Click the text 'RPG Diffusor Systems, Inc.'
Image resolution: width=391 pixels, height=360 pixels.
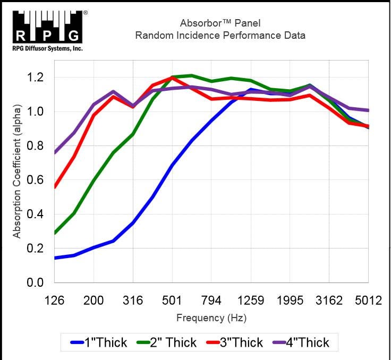pyautogui.click(x=47, y=48)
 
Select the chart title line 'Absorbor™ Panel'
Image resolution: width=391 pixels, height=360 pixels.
pyautogui.click(x=220, y=23)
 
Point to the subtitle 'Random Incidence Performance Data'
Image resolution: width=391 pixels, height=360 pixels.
pyautogui.click(x=220, y=36)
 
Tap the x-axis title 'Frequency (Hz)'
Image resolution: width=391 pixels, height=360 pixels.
pyautogui.click(x=211, y=318)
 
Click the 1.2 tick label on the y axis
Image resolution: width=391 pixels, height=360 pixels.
pyautogui.click(x=35, y=78)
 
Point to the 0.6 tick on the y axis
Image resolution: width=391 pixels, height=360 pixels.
pyautogui.click(x=35, y=180)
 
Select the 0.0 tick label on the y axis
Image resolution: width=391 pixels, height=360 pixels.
pyautogui.click(x=35, y=282)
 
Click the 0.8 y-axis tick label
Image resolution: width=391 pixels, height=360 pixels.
pyautogui.click(x=35, y=146)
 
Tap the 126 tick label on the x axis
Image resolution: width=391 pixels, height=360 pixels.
pyautogui.click(x=55, y=300)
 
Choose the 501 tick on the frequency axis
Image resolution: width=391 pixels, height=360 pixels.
pyautogui.click(x=172, y=300)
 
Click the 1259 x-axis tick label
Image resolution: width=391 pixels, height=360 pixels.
pyautogui.click(x=251, y=300)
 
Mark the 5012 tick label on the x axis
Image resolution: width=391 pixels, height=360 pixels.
pyautogui.click(x=369, y=300)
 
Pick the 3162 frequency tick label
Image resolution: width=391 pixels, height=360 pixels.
pyautogui.click(x=329, y=300)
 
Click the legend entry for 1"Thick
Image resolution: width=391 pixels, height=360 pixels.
pyautogui.click(x=99, y=342)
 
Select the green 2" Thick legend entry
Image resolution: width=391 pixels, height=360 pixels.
pyautogui.click(x=166, y=342)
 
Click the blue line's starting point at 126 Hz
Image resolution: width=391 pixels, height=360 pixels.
pyautogui.click(x=55, y=258)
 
